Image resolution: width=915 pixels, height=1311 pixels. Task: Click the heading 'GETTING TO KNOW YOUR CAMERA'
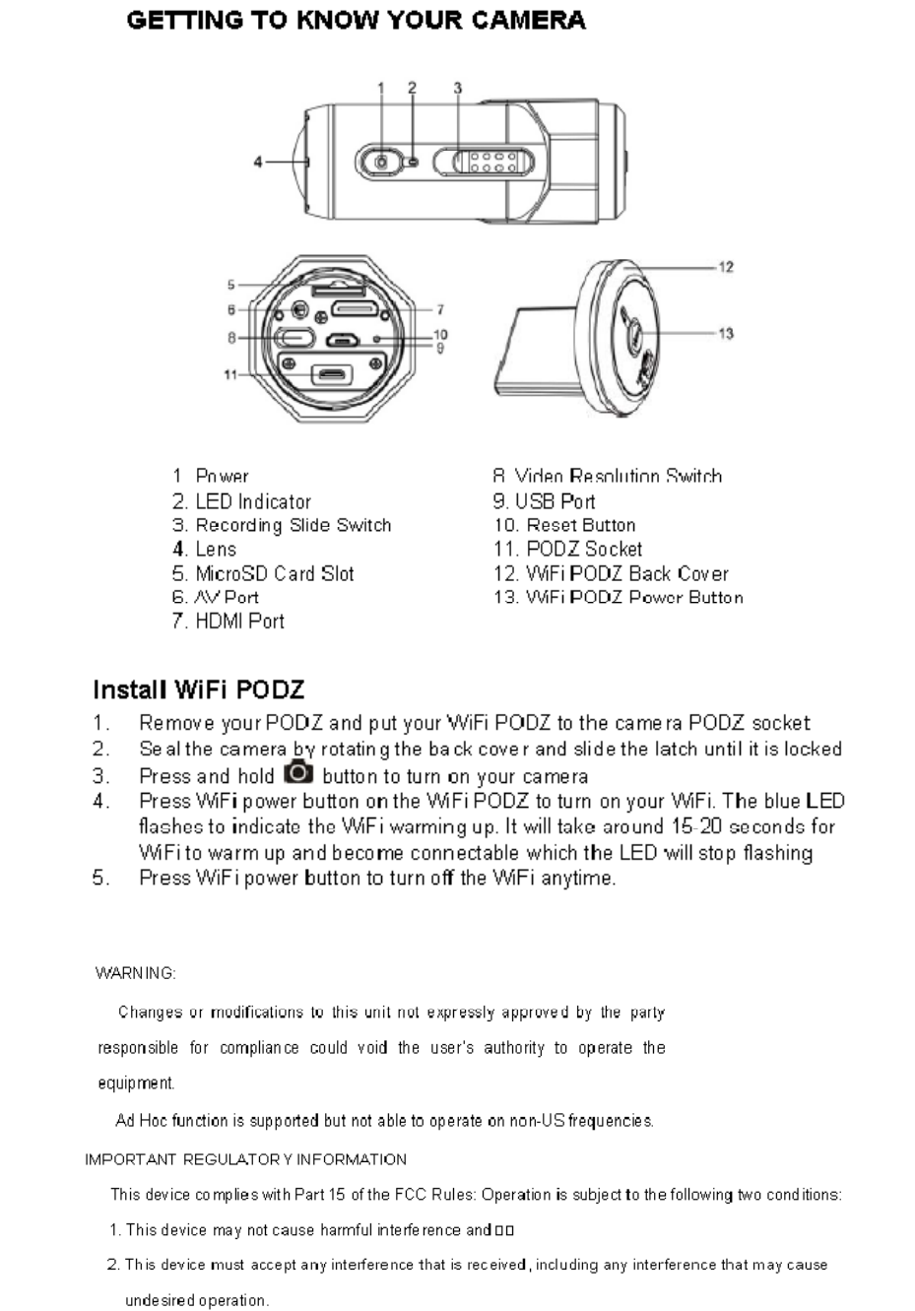click(356, 21)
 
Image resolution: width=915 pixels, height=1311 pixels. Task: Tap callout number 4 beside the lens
click(258, 162)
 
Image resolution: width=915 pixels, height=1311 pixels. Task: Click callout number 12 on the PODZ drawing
click(726, 267)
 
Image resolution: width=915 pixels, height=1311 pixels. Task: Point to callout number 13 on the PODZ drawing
click(726, 334)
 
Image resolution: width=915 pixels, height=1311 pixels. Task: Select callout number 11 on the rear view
click(229, 374)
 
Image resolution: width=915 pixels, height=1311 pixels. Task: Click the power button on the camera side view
click(379, 162)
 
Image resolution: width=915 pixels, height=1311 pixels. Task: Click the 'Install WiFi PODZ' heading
click(199, 689)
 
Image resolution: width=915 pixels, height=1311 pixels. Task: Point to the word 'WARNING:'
click(136, 973)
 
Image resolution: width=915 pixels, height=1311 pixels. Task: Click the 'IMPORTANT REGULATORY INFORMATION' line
click(246, 1159)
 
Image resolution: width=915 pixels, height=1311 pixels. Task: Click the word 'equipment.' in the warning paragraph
click(136, 1083)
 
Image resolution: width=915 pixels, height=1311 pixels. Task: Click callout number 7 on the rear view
click(439, 309)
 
